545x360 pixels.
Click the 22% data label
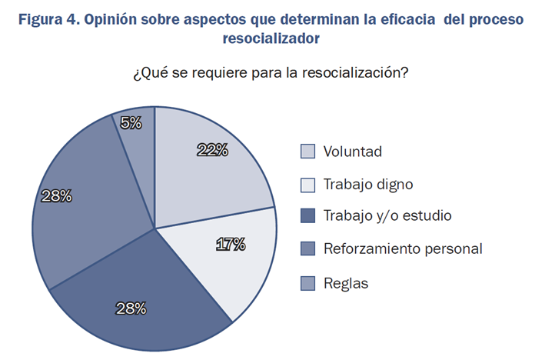pyautogui.click(x=212, y=150)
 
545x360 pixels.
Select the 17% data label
pyautogui.click(x=230, y=245)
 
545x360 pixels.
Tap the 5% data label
pyautogui.click(x=130, y=122)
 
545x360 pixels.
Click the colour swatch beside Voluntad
pyautogui.click(x=307, y=151)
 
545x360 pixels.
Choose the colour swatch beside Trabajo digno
pyautogui.click(x=307, y=184)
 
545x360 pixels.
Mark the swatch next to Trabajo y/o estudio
pyautogui.click(x=307, y=216)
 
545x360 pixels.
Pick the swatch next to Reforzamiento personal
pyautogui.click(x=307, y=249)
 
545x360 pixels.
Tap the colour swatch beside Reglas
pyautogui.click(x=307, y=282)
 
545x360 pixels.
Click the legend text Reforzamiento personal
pyautogui.click(x=403, y=249)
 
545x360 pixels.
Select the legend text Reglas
pyautogui.click(x=346, y=283)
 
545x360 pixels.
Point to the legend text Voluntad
pyautogui.click(x=353, y=152)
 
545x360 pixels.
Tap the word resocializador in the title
pyautogui.click(x=271, y=37)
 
